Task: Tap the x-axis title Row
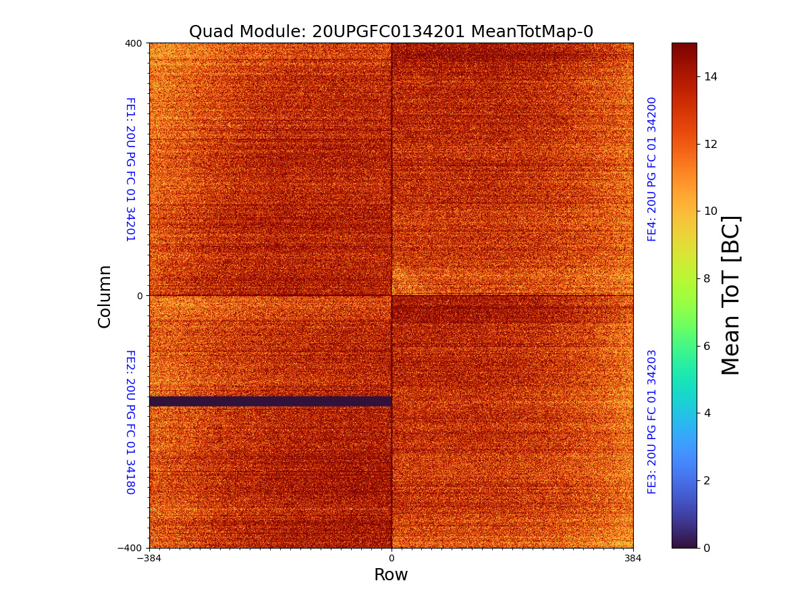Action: point(391,575)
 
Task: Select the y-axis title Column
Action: point(105,296)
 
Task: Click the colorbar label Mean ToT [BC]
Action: point(731,295)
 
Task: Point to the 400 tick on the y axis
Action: point(134,43)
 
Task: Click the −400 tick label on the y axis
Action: point(130,548)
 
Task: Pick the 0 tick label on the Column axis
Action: point(140,296)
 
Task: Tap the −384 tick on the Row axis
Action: point(149,558)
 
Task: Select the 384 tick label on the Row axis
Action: point(633,558)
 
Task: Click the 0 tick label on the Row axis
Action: point(391,558)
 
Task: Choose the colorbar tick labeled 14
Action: point(710,76)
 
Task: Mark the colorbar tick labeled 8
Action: point(707,278)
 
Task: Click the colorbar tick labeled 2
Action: point(707,480)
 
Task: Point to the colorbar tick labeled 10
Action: point(710,211)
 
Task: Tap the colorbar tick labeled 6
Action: point(707,346)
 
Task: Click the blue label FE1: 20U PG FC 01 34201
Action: point(130,170)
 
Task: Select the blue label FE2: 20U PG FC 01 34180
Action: point(130,422)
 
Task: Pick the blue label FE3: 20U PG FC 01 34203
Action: point(652,422)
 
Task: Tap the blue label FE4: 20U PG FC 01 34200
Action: point(652,170)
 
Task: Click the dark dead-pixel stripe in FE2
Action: point(270,401)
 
